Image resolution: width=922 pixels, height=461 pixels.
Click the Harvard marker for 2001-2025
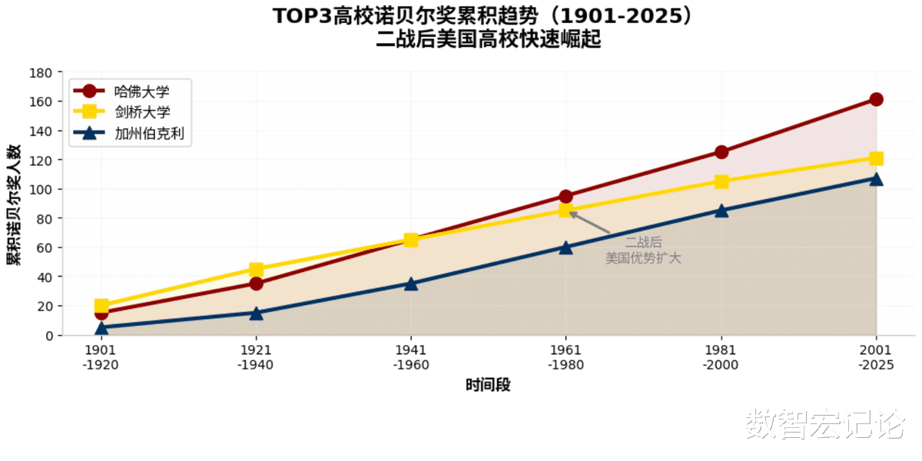(876, 99)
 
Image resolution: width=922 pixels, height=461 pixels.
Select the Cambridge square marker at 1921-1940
(256, 270)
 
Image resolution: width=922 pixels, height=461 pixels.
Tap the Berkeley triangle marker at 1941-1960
(411, 284)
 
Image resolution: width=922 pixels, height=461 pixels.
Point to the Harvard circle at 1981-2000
(721, 152)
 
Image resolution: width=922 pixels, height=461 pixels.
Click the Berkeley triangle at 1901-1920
(101, 327)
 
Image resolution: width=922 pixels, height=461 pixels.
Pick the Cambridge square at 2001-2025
(876, 158)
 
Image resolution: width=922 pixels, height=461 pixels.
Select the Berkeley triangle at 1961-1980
(565, 247)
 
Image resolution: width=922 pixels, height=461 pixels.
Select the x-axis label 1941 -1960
(411, 357)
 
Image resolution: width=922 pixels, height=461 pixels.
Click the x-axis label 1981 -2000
(721, 357)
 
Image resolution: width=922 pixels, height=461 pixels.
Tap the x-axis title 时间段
(488, 385)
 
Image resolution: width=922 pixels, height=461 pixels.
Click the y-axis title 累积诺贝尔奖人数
(14, 204)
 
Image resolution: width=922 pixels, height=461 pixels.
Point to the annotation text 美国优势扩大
(643, 258)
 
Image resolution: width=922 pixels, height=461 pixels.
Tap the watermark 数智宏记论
(824, 425)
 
